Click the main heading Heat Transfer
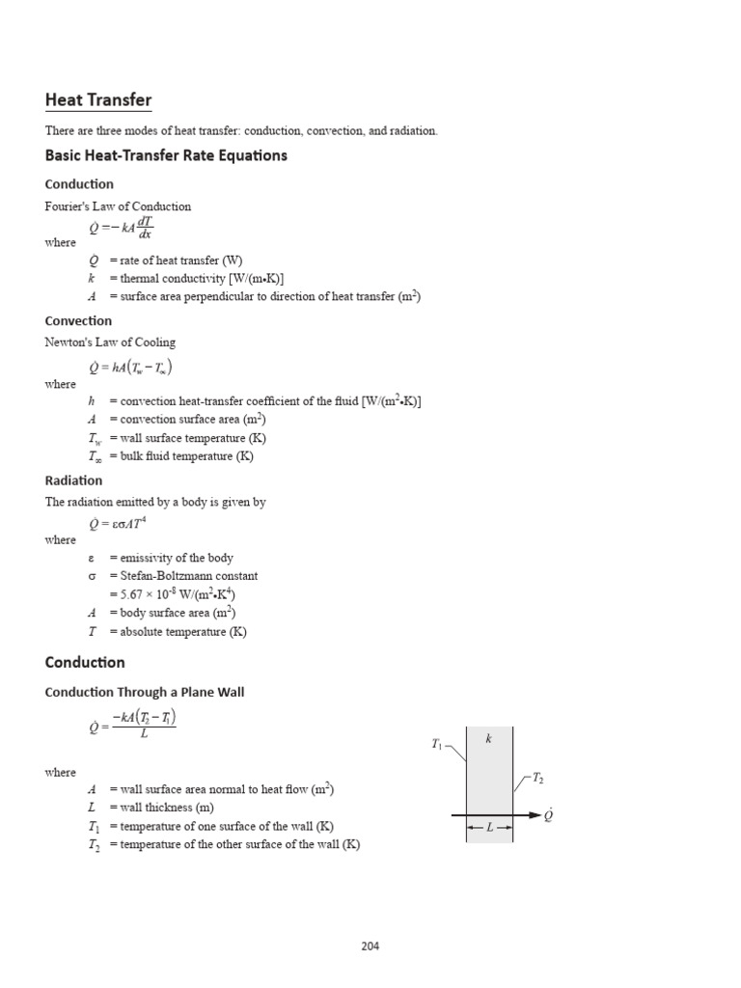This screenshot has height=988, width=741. click(x=98, y=100)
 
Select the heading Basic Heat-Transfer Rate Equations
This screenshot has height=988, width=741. click(x=166, y=155)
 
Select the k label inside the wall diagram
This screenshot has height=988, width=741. click(x=489, y=739)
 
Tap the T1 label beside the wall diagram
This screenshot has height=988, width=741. click(x=438, y=744)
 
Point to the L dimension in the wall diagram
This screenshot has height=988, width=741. click(x=490, y=829)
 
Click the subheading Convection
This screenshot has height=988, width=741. click(x=78, y=321)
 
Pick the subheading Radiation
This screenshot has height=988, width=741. click(x=73, y=480)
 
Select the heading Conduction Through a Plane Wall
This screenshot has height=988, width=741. click(x=151, y=693)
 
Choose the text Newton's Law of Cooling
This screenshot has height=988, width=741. click(x=110, y=343)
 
